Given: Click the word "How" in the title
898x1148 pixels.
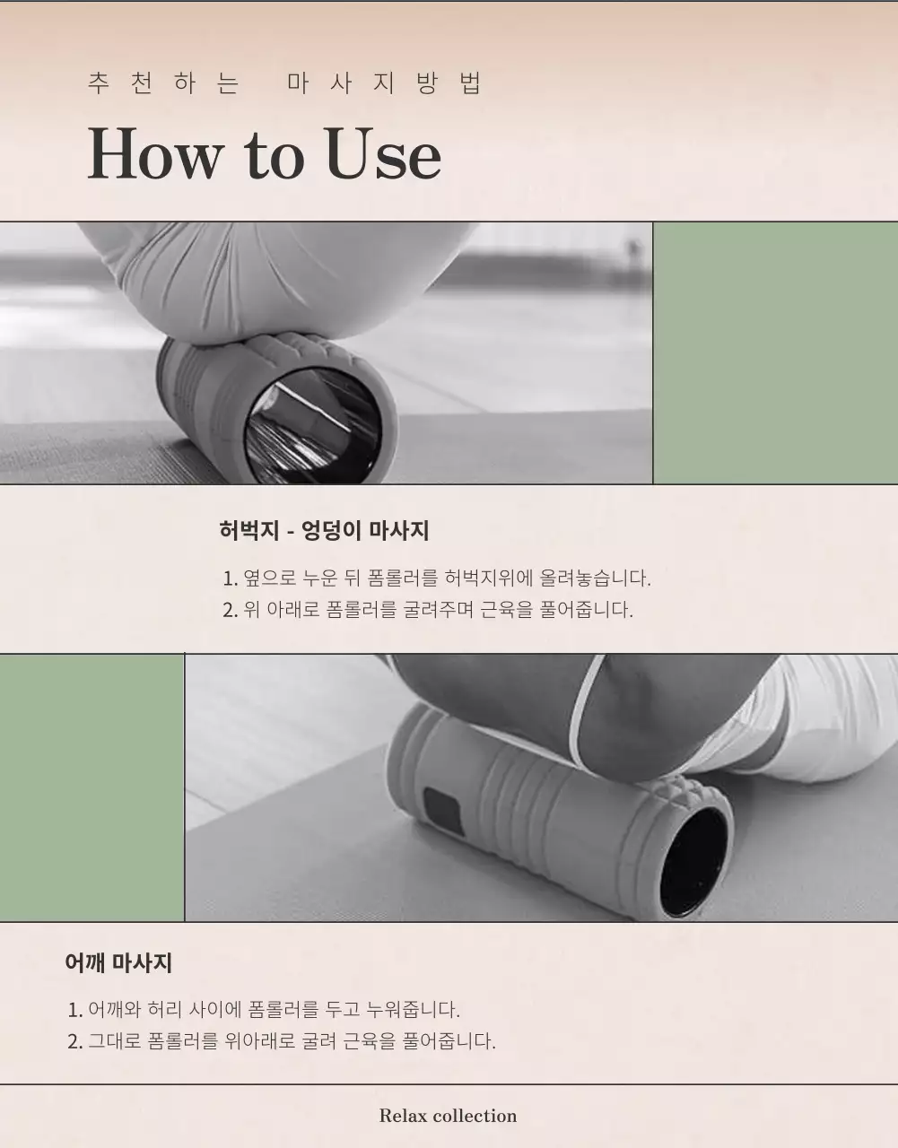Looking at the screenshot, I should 153,153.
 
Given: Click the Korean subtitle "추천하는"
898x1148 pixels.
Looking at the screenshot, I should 163,83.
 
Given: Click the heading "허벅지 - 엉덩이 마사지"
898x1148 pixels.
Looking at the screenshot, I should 324,530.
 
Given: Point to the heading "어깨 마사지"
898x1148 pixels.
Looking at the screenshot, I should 118,963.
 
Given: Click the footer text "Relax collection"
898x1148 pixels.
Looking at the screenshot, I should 448,1116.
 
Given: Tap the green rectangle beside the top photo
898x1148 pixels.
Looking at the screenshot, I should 775,352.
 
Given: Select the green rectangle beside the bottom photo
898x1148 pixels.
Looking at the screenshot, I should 92,787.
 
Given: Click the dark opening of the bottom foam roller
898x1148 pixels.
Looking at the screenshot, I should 693,861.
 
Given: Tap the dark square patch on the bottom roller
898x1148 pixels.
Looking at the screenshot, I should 442,811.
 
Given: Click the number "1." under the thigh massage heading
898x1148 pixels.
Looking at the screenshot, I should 230,578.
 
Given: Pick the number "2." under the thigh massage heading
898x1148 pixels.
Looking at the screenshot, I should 230,610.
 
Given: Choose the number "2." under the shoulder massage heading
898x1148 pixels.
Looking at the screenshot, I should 75,1041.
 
